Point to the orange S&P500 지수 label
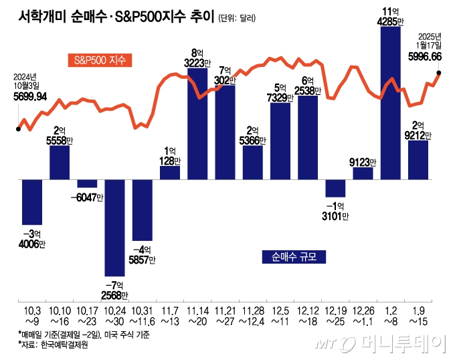[x=100, y=60]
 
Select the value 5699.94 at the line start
[x=30, y=96]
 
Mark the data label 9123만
[x=363, y=161]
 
